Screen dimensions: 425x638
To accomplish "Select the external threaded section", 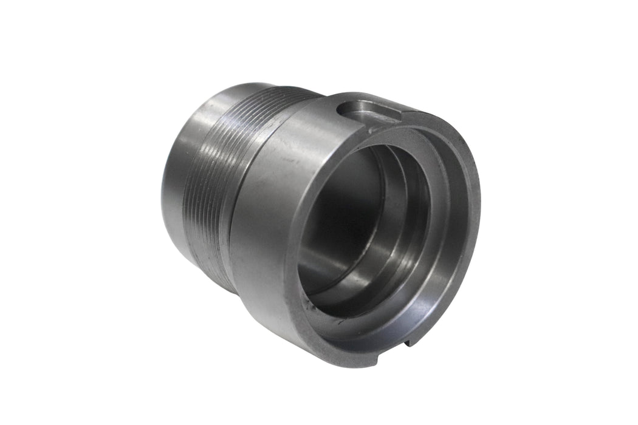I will [x=216, y=158].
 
